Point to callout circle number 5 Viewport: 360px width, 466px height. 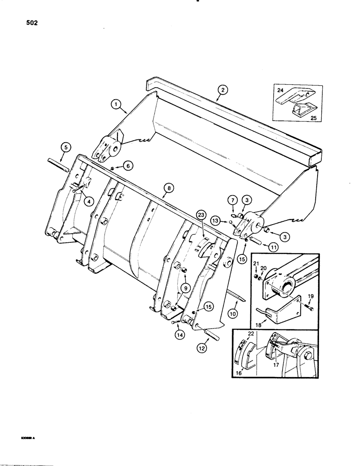[x=66, y=148]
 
